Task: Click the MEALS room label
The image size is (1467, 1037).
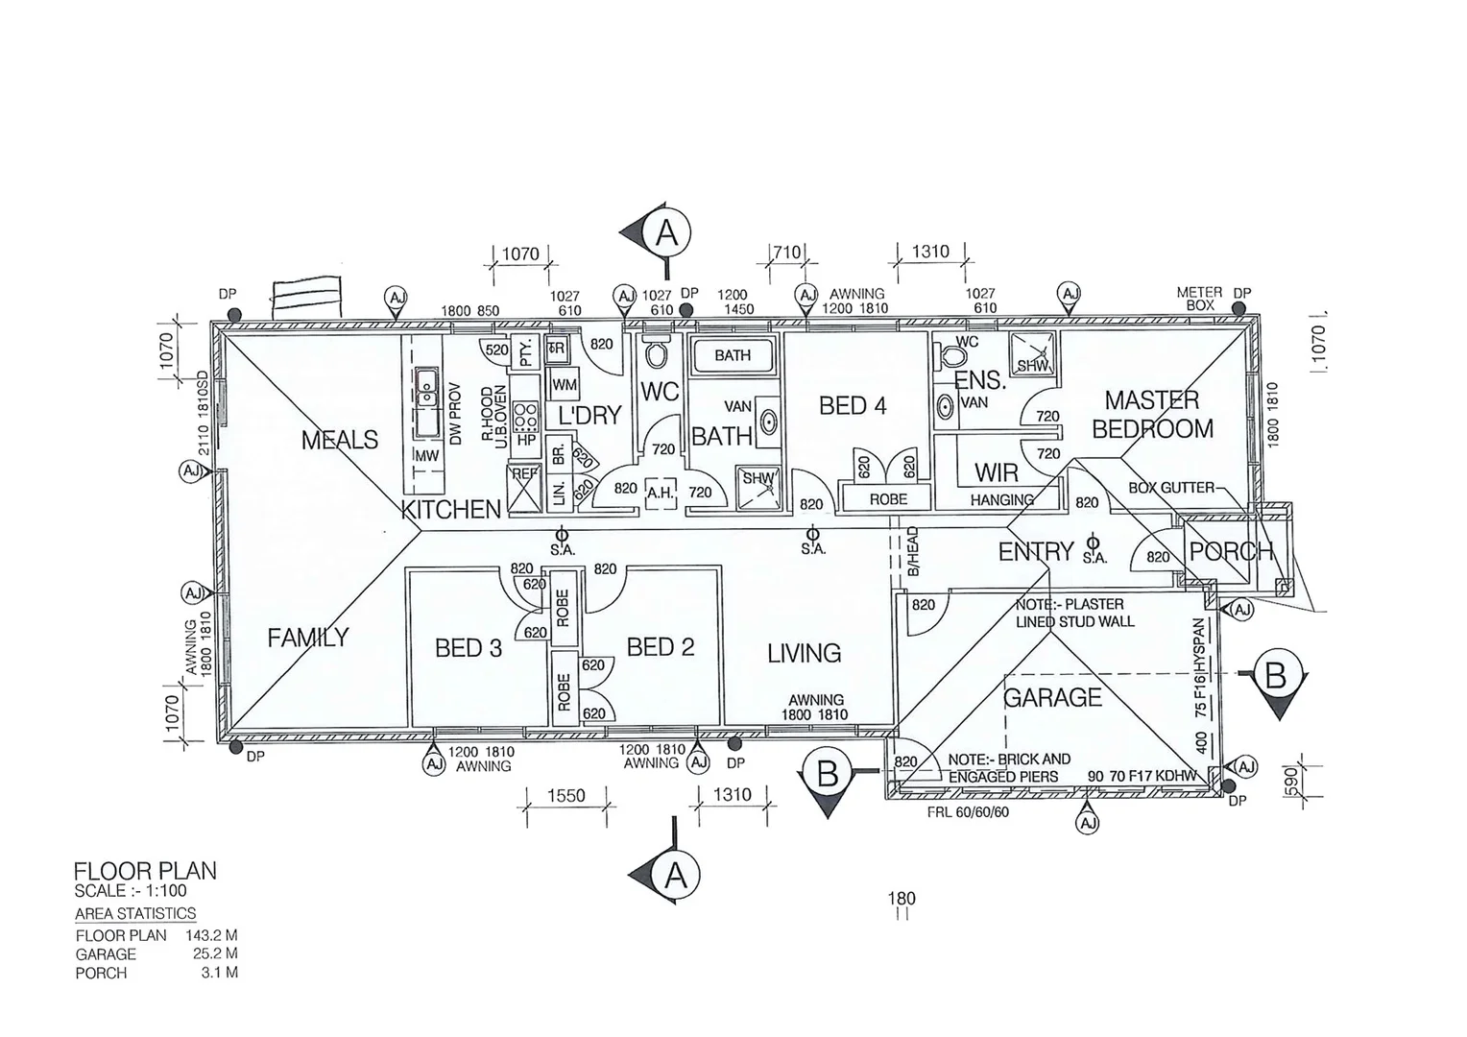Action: tap(340, 440)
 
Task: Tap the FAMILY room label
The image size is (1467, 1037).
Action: tap(307, 638)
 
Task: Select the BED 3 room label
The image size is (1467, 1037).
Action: tap(469, 648)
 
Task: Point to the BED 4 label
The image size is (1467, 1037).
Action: tap(853, 406)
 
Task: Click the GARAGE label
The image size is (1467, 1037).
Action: tap(1052, 697)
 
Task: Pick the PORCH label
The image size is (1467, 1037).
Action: tap(1231, 552)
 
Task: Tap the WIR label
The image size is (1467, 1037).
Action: tap(997, 472)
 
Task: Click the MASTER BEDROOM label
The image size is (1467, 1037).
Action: tap(1152, 414)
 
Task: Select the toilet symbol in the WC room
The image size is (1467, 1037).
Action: tap(658, 354)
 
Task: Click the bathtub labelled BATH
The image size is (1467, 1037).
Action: tap(733, 355)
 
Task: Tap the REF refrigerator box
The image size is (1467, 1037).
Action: tap(524, 489)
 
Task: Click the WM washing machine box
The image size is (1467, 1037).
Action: tap(564, 384)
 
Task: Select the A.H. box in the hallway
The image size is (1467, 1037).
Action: tap(661, 492)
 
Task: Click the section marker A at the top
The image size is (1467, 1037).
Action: tap(666, 233)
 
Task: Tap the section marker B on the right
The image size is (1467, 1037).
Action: tap(1275, 677)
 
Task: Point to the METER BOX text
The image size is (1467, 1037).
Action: tap(1199, 299)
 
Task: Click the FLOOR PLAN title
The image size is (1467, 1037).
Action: tap(145, 871)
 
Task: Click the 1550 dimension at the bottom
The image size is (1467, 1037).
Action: tap(566, 796)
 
